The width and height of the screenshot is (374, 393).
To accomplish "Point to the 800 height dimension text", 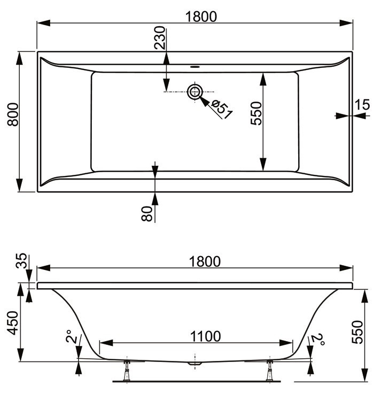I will tap(13, 114).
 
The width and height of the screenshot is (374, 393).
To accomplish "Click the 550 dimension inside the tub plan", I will tap(256, 113).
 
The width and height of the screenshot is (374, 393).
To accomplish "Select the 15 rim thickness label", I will tap(362, 105).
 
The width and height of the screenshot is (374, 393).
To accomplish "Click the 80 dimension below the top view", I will tap(147, 213).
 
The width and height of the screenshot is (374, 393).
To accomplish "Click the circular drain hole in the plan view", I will tap(194, 92).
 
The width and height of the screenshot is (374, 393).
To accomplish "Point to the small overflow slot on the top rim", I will tap(194, 67).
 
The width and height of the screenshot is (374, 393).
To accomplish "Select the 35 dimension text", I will tap(21, 263).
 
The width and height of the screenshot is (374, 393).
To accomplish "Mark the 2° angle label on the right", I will tap(319, 339).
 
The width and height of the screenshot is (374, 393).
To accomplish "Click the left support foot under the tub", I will tap(127, 370).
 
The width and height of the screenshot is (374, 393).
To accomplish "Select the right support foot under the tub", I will tap(270, 370).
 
